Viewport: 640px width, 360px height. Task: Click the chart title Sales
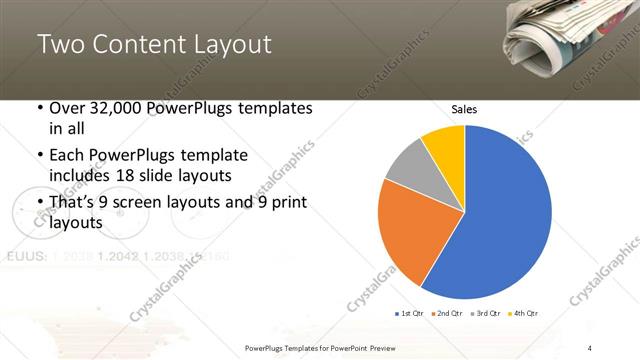point(464,108)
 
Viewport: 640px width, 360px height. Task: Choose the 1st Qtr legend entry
point(412,314)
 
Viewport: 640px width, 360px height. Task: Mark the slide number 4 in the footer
point(590,348)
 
